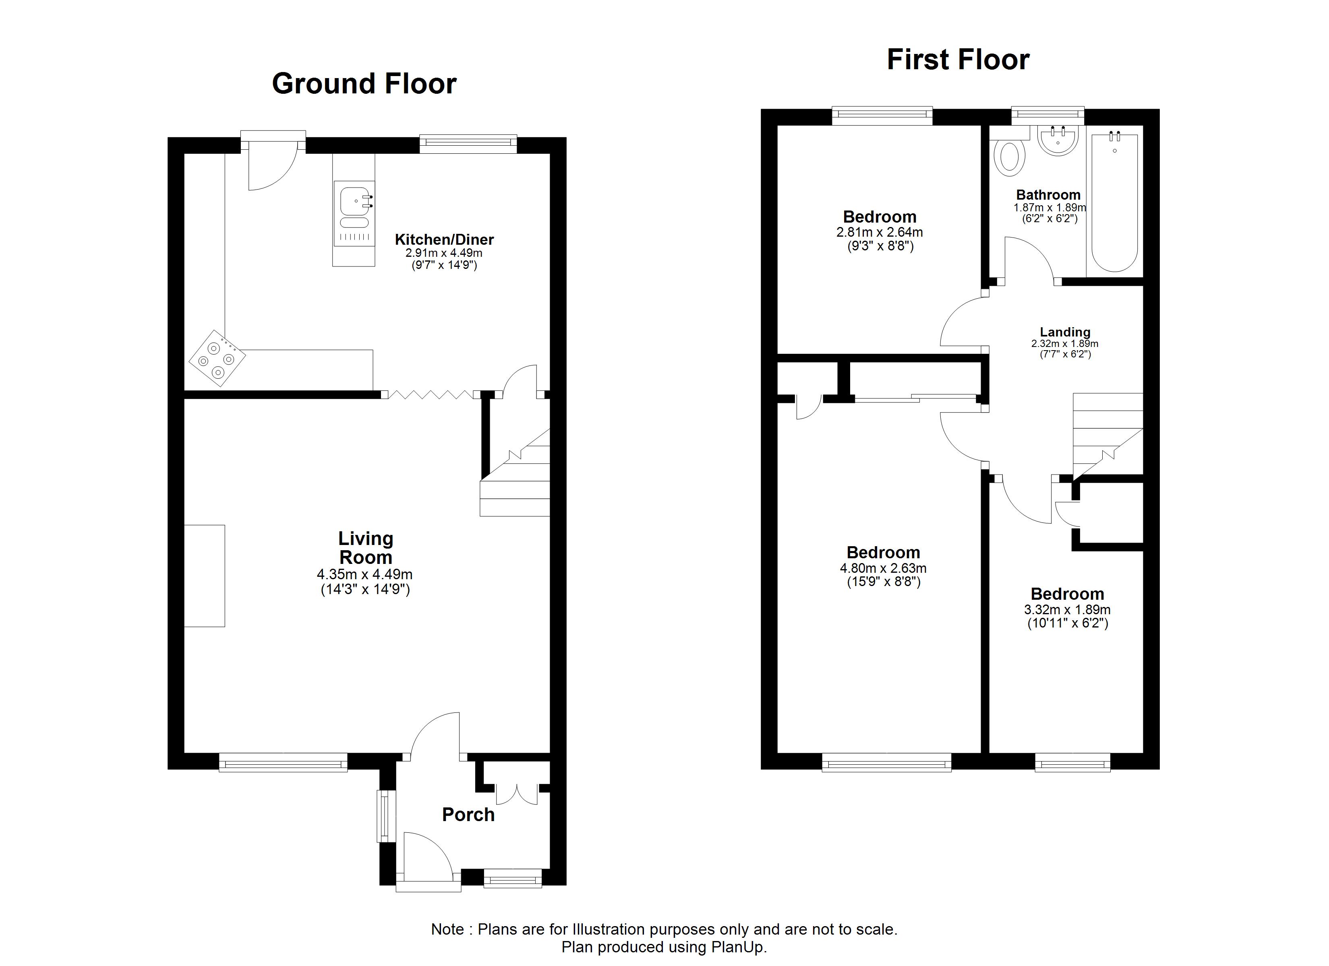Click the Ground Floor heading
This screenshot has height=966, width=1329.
click(x=364, y=84)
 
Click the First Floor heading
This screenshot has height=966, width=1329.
click(x=958, y=60)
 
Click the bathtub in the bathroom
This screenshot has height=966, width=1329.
click(x=1114, y=202)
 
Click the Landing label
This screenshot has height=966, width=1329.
click(x=1065, y=332)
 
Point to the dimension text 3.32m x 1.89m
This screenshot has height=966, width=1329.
click(x=1067, y=610)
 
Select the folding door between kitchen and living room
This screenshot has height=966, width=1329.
click(x=431, y=394)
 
